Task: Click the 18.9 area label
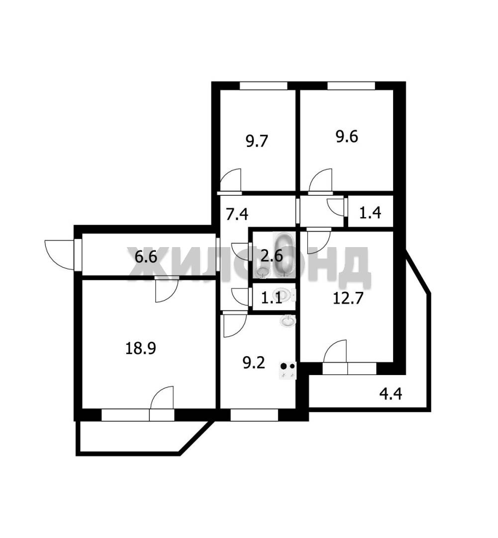[141, 349]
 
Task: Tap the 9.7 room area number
[257, 141]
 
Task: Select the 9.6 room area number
[347, 136]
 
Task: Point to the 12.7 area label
[348, 298]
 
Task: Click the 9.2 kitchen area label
[254, 363]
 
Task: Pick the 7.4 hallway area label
[237, 214]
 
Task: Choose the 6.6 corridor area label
[146, 257]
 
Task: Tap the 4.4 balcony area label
[391, 394]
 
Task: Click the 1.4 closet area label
[371, 213]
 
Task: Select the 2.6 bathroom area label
[272, 256]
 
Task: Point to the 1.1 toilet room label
[272, 298]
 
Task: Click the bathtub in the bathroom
[284, 254]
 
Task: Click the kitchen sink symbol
[287, 321]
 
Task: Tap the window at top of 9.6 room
[352, 86]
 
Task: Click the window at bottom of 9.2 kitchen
[254, 415]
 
